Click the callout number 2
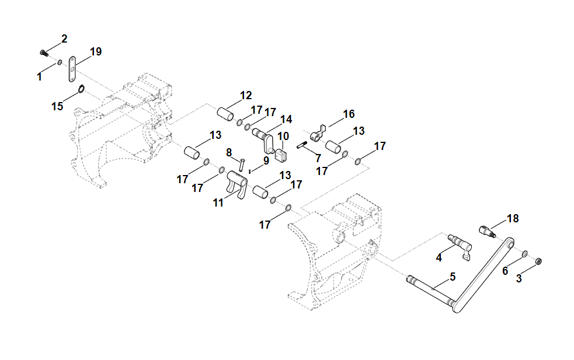[x=64, y=39]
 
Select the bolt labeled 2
[x=44, y=53]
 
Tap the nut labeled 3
[x=538, y=261]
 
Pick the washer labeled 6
[x=524, y=254]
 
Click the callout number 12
[x=246, y=96]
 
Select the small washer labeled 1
[x=60, y=63]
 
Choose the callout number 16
[x=349, y=114]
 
